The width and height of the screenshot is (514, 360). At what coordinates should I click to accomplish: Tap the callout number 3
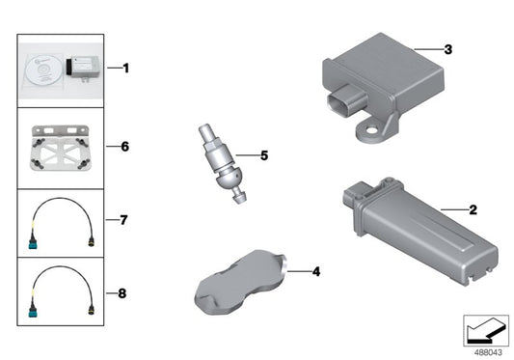point(446,48)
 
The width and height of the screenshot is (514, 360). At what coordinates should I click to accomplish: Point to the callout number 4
point(314,272)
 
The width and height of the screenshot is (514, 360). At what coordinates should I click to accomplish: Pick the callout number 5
point(264,154)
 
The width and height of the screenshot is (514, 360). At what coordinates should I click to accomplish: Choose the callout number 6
point(125,147)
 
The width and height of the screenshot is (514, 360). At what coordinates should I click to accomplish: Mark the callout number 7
point(125,220)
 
